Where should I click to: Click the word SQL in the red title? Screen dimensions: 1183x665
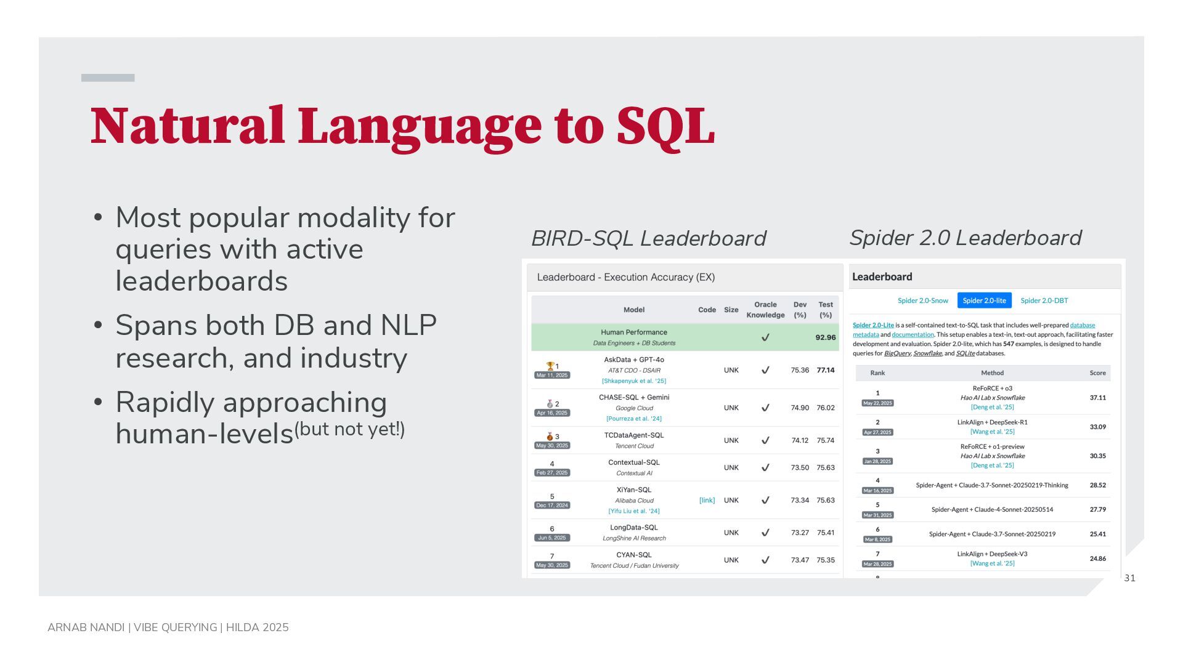(665, 127)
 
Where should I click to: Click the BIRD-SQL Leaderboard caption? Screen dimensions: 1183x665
(648, 238)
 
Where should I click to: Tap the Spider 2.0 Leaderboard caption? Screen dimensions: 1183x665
(965, 238)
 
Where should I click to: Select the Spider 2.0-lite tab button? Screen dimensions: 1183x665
(984, 300)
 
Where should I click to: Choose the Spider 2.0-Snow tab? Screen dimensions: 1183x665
(922, 300)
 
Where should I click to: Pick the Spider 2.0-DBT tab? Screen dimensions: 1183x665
(1044, 300)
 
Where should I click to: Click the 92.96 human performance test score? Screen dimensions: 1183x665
(826, 337)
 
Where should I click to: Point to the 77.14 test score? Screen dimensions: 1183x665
(826, 370)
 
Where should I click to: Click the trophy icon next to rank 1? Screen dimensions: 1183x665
(550, 366)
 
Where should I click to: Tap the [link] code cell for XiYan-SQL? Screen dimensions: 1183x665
(707, 500)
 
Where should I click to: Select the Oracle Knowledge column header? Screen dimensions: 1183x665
(765, 310)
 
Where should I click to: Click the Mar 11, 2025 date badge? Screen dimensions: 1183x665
(552, 375)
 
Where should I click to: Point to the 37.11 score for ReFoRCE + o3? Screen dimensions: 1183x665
(1097, 398)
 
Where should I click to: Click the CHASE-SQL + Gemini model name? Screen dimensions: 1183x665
(634, 397)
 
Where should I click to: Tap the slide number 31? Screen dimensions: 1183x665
(1130, 578)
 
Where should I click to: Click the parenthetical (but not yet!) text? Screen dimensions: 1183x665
(349, 429)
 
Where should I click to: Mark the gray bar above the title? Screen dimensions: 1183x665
(108, 78)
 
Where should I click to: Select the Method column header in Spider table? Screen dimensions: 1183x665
(992, 373)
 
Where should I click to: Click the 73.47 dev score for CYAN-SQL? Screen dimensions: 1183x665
(800, 560)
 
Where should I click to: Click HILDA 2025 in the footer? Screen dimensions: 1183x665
(258, 627)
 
